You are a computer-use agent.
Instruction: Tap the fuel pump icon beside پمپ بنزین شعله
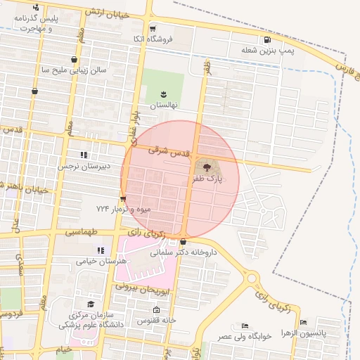(266, 39)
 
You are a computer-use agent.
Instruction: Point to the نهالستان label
(165, 104)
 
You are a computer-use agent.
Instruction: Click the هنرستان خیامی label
(103, 261)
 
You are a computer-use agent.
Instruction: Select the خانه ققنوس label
(156, 321)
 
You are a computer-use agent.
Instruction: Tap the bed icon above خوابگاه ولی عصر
(244, 326)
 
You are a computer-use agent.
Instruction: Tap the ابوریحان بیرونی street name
(141, 290)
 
